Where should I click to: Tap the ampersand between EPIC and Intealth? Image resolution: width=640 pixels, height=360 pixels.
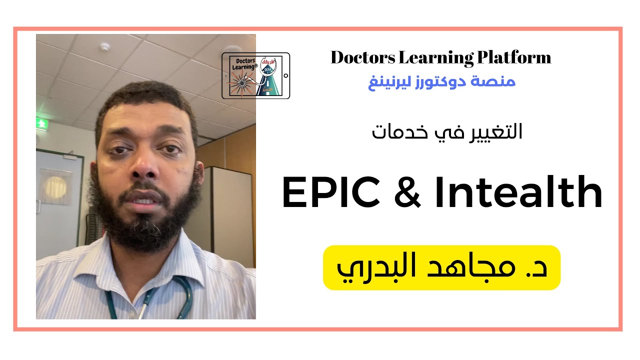[x=407, y=194]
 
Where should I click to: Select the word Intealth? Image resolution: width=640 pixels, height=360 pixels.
[x=518, y=193]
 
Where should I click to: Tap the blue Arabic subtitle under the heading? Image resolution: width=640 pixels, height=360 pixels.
[x=441, y=82]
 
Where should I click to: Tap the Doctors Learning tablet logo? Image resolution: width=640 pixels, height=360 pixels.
[x=255, y=75]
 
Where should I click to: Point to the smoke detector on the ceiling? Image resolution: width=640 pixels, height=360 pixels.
[x=104, y=47]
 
